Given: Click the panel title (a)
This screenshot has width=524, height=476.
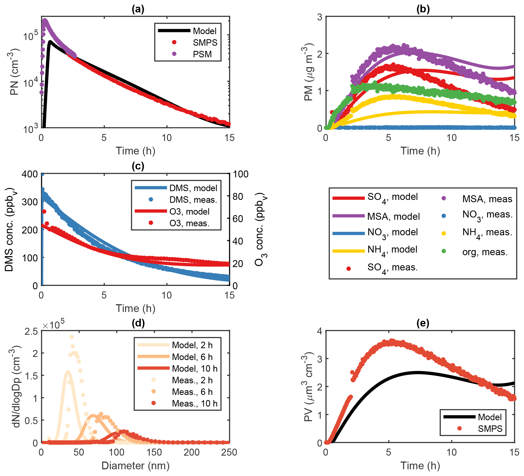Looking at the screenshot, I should click(x=138, y=9).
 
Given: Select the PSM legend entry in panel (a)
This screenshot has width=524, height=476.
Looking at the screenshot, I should click(x=202, y=54).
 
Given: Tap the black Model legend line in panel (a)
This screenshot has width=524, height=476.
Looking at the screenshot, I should click(x=174, y=31).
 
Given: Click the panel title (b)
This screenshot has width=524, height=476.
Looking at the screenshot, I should click(x=423, y=9).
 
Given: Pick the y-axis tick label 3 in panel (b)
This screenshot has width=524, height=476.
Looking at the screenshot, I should click(x=319, y=17).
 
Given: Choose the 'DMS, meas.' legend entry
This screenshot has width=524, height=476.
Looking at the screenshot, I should click(x=193, y=200).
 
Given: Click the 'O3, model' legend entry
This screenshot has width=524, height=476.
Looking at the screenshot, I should click(x=189, y=211).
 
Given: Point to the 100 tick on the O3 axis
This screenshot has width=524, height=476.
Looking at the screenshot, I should click(x=241, y=174).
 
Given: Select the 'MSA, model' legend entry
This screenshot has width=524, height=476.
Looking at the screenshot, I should click(x=393, y=216).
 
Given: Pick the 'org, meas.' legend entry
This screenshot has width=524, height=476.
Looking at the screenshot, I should click(x=485, y=252).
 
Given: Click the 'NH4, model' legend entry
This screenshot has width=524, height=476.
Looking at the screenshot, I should click(x=392, y=250).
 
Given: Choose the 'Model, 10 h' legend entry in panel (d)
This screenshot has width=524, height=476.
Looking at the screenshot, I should click(x=194, y=368).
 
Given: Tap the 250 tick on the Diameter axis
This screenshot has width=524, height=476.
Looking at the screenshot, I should click(x=229, y=452).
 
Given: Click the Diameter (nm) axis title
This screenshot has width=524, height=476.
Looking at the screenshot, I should click(x=136, y=466).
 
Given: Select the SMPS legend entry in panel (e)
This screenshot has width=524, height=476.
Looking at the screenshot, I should click(x=490, y=428).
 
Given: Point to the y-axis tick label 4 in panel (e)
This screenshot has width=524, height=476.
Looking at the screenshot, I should click(x=319, y=331).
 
